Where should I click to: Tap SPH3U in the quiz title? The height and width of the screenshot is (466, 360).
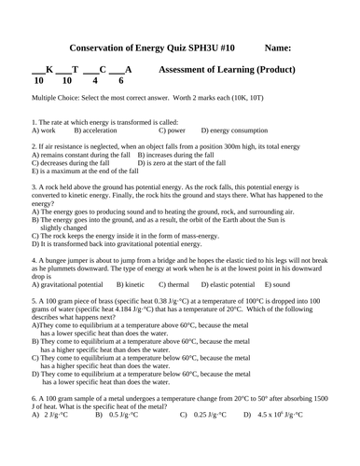click(200, 48)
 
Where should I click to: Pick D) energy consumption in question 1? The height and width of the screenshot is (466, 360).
click(243, 130)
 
